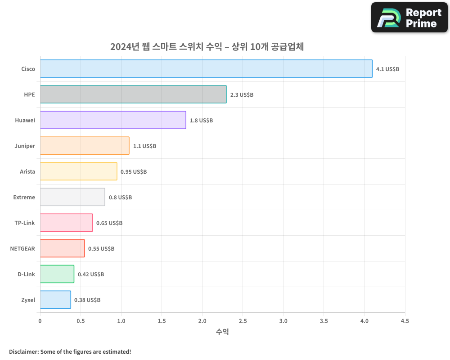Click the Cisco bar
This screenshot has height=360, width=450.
[x=206, y=69]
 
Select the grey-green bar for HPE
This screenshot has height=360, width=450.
[x=133, y=94]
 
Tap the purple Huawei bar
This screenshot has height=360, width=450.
[x=113, y=120]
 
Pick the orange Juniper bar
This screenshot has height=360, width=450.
[x=85, y=146]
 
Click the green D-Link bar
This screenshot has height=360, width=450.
[x=57, y=274]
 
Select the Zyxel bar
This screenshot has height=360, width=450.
[x=55, y=300]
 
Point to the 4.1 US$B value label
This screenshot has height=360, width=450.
[x=387, y=69]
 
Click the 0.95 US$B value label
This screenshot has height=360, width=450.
[x=134, y=172]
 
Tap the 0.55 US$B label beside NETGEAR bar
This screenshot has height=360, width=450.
[x=101, y=249]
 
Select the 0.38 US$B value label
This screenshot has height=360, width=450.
[x=87, y=300]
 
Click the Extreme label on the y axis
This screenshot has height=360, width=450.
[x=24, y=198]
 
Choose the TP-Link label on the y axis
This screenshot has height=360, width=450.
[x=25, y=223]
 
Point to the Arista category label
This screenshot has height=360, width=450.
[x=27, y=172]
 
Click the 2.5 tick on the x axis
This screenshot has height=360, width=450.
[x=243, y=321]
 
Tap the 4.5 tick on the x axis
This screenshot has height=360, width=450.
[x=405, y=321]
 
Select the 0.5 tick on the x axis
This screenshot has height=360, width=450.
[x=81, y=321]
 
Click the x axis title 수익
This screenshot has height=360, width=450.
[x=222, y=332]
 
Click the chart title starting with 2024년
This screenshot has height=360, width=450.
[x=207, y=46]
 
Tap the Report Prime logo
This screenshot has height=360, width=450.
[x=409, y=18]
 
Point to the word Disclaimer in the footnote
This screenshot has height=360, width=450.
[x=23, y=351]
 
